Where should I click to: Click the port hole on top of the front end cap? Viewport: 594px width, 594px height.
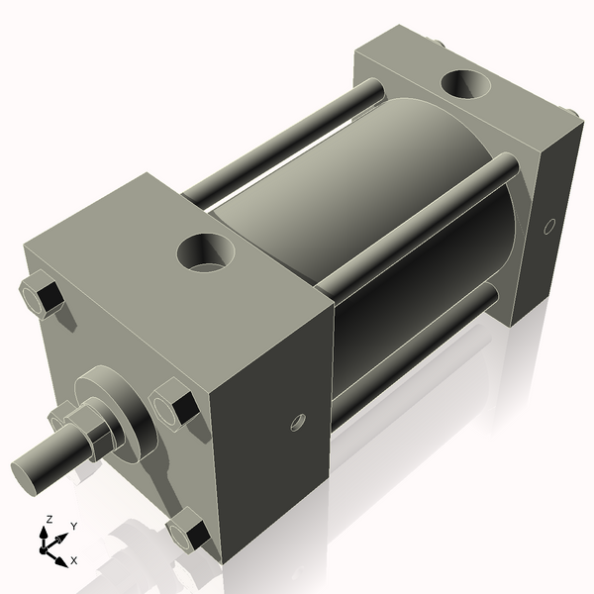point(205,252)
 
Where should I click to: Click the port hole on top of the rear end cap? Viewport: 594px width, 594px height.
point(464,86)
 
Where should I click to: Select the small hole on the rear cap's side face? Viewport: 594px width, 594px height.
point(550,227)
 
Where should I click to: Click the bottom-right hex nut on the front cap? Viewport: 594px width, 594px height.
point(187,534)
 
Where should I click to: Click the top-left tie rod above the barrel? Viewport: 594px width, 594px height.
point(287,139)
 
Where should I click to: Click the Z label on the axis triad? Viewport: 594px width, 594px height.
point(49,519)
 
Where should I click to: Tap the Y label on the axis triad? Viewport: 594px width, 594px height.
point(73,527)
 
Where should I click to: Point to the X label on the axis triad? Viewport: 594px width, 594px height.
point(73,560)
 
